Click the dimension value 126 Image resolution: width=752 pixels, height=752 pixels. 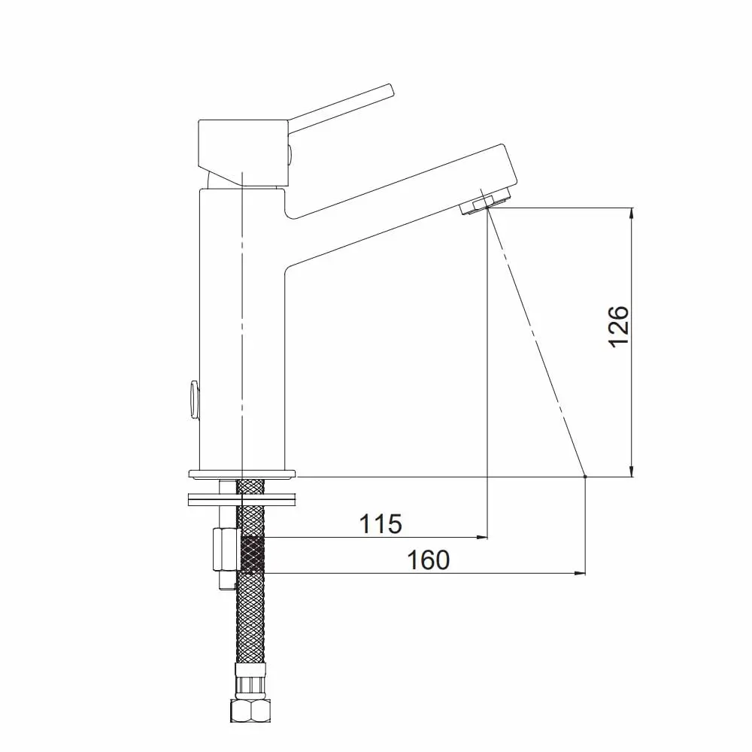coord(618,326)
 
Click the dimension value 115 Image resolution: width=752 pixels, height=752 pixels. coord(381,523)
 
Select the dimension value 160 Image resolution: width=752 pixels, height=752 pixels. coord(429,560)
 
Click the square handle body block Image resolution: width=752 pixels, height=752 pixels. coord(243,153)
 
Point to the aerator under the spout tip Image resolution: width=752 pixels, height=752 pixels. coord(485,201)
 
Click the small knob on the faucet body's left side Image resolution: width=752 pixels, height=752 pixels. coord(194,399)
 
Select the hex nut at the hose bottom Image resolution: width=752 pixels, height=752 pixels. coord(250,711)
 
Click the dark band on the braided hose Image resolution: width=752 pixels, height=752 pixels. coord(251,554)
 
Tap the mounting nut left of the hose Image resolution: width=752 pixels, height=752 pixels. coord(226,550)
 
